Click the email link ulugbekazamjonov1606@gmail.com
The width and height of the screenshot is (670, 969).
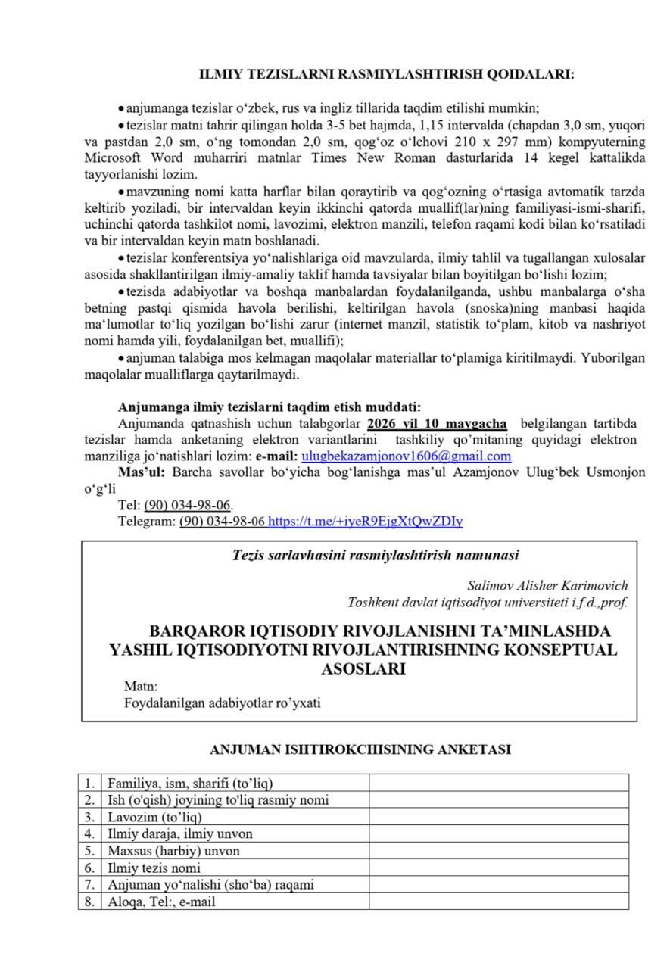406,456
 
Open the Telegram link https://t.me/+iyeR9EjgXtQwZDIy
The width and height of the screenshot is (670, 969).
366,521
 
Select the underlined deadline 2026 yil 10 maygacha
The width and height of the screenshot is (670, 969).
437,423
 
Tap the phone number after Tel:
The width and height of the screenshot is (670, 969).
188,505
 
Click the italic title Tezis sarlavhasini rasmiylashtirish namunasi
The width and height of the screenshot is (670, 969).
376,556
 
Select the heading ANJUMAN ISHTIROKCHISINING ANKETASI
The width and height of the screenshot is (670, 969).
360,749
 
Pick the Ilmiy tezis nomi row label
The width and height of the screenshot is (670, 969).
154,868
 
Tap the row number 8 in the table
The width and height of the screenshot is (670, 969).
89,902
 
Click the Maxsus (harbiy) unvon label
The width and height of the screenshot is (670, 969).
173,851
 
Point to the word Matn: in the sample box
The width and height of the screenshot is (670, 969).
141,686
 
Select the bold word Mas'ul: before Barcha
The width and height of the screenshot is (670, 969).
142,472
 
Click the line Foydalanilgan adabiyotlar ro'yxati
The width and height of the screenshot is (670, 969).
222,703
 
